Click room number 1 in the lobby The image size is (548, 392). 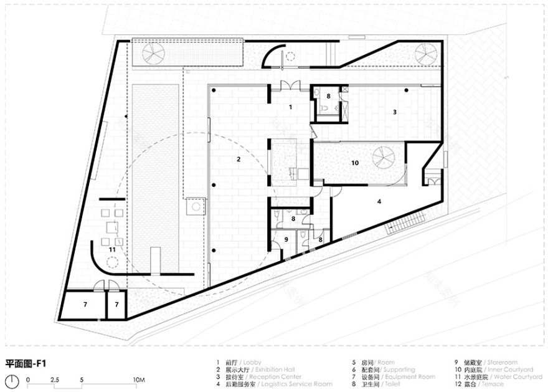click(290, 107)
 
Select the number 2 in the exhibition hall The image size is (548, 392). click(238, 160)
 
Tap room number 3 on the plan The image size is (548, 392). click(394, 112)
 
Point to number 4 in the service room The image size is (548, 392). click(379, 201)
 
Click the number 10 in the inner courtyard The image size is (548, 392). click(354, 163)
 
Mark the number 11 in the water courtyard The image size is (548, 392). click(112, 249)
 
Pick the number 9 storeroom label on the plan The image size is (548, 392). click(286, 239)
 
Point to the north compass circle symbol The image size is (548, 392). click(12, 381)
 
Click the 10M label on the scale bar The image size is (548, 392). click(139, 379)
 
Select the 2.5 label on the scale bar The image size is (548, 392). click(54, 379)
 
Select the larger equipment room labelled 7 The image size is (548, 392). click(85, 305)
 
